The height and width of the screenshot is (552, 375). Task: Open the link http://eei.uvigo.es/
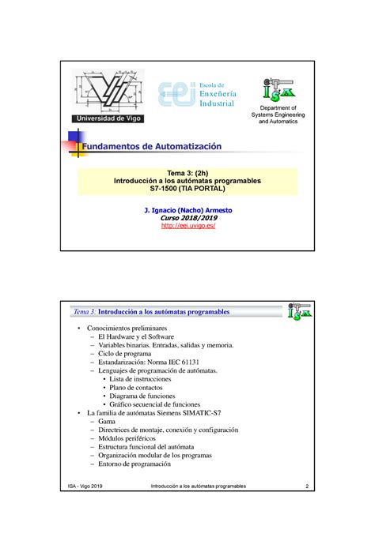coord(187,226)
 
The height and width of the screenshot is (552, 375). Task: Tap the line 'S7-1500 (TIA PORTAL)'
coord(187,192)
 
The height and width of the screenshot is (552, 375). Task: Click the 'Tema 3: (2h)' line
coord(187,173)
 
